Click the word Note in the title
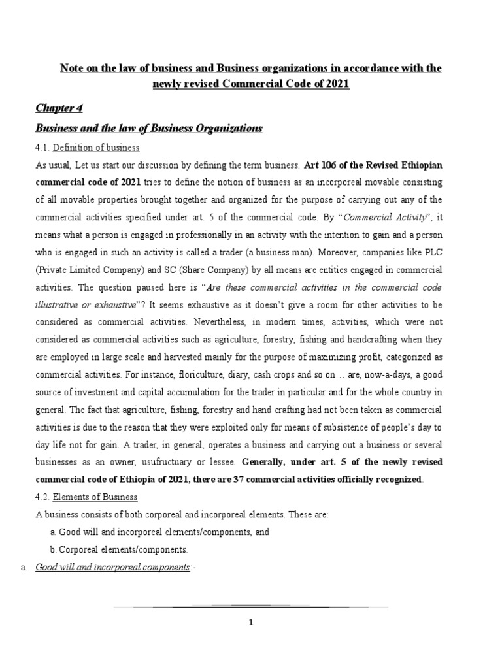pyautogui.click(x=72, y=69)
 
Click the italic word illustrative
pyautogui.click(x=56, y=304)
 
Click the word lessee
pyautogui.click(x=219, y=462)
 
